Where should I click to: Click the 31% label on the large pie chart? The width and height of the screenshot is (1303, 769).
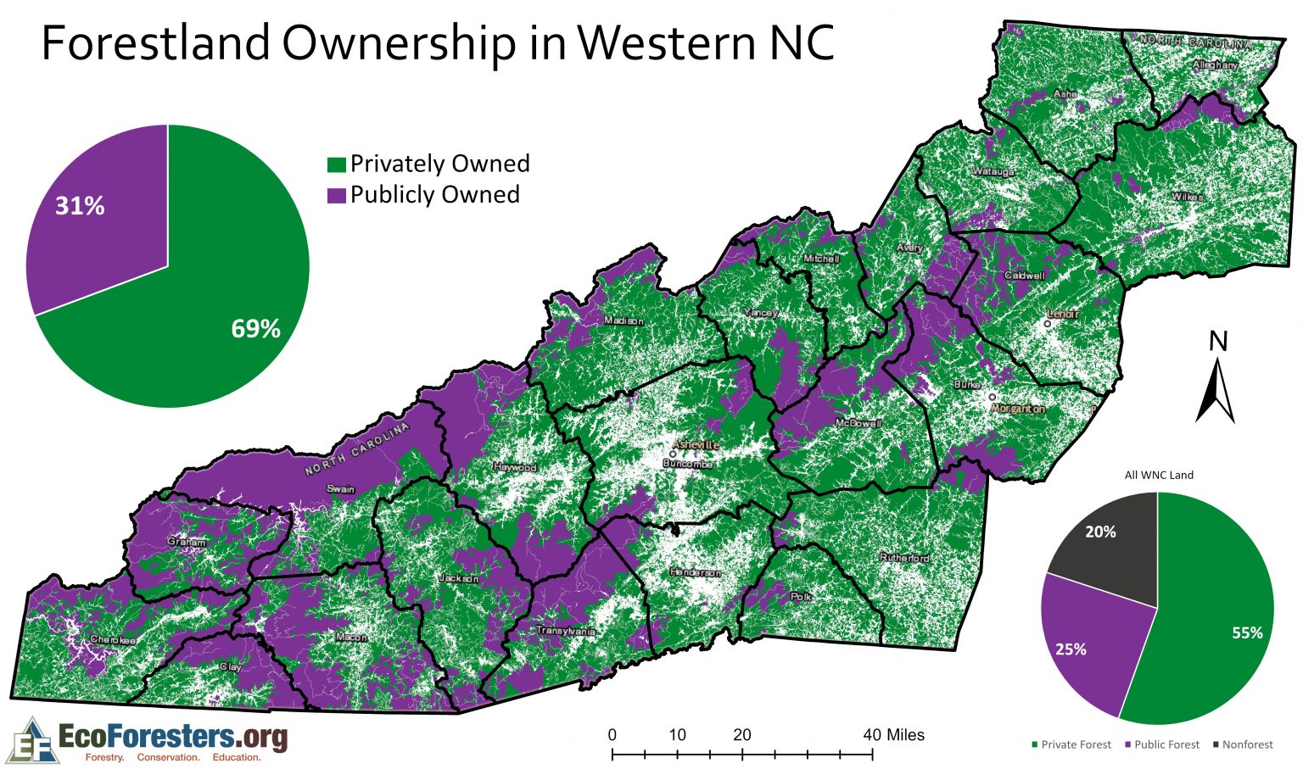tap(80, 206)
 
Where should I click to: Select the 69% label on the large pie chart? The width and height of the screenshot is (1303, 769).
tap(255, 329)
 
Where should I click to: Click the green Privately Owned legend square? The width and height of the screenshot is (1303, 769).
tap(337, 164)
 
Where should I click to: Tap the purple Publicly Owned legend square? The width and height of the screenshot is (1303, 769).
tap(337, 195)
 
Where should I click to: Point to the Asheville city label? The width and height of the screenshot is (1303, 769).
tap(695, 444)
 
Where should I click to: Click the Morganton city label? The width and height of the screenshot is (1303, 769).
tap(1018, 408)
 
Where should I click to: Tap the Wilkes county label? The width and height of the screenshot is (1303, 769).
tap(1187, 197)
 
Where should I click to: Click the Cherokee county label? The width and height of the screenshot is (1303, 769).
tap(112, 640)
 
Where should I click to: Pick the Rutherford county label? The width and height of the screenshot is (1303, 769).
tap(904, 558)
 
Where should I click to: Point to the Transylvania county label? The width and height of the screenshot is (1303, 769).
tap(565, 631)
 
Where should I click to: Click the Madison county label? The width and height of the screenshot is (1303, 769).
tap(624, 320)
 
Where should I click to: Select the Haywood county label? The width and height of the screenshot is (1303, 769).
tap(514, 467)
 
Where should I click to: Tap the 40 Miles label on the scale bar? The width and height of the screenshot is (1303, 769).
tap(894, 735)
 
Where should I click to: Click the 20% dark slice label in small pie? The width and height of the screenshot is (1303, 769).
tap(1100, 532)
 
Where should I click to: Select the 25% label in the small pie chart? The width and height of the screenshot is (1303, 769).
tap(1071, 649)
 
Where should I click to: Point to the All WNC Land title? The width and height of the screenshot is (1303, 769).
tap(1159, 475)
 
